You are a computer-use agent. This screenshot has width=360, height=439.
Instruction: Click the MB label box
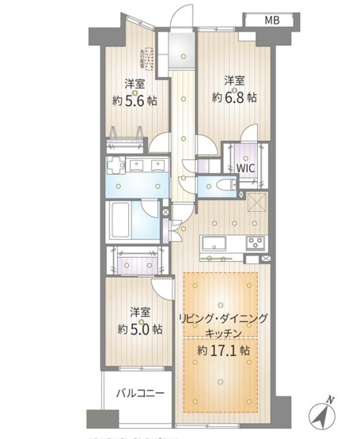(271, 20)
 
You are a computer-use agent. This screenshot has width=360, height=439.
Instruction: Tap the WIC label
(244, 168)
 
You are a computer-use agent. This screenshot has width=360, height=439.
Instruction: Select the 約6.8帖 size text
(234, 97)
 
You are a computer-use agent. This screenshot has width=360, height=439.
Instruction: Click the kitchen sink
(214, 242)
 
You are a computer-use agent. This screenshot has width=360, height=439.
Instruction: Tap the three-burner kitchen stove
(256, 241)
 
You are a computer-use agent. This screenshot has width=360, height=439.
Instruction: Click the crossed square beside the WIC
(256, 203)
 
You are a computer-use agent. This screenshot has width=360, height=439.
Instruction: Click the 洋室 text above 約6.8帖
(233, 81)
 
